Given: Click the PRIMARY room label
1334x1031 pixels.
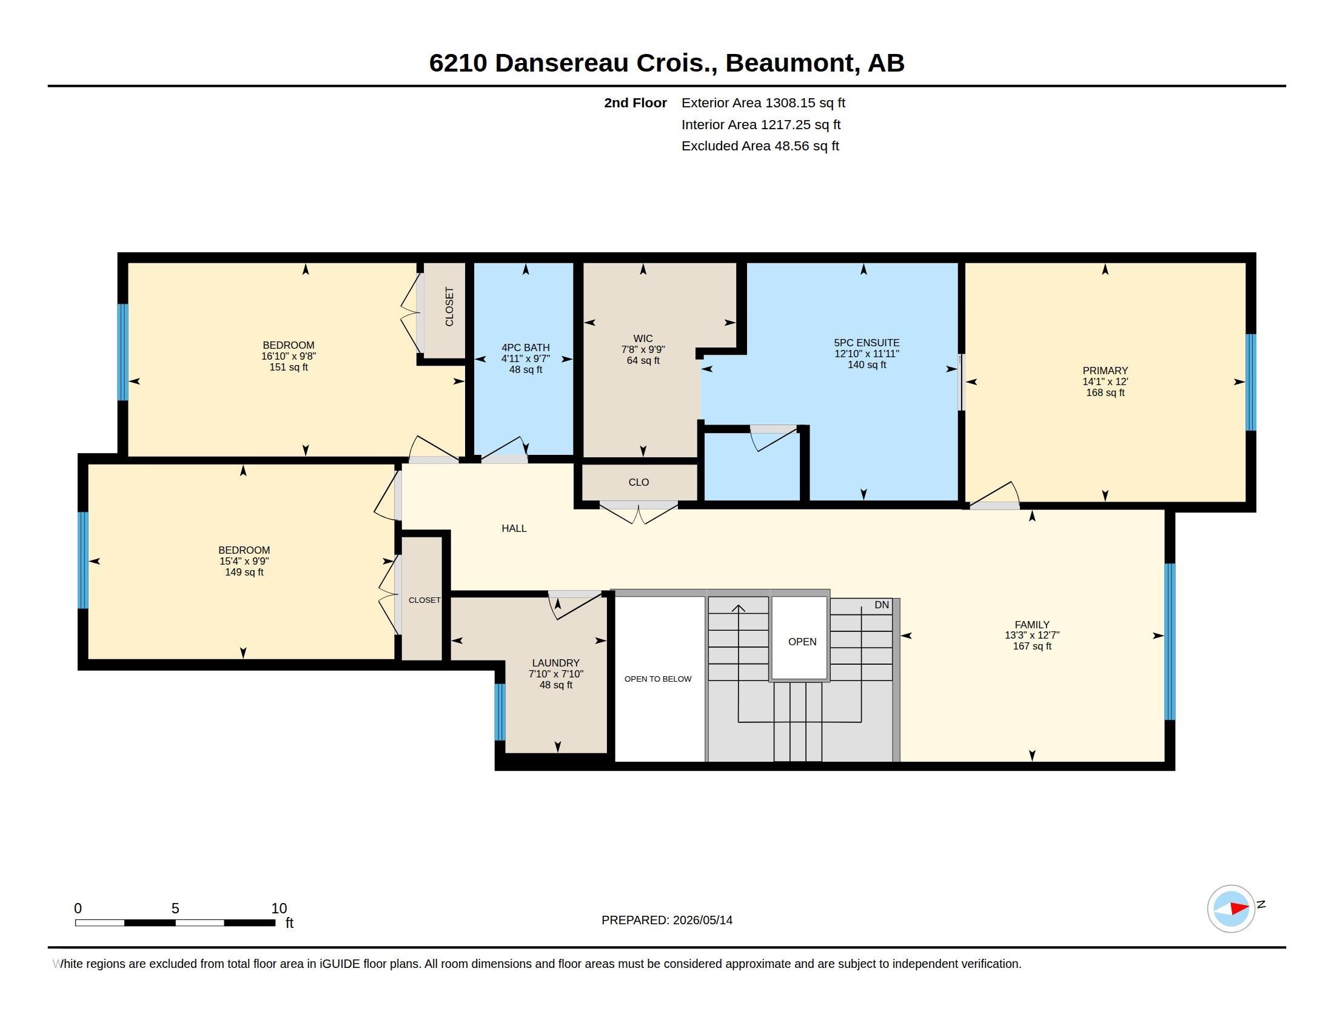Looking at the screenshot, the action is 1105,371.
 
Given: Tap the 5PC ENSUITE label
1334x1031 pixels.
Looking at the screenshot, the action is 866,343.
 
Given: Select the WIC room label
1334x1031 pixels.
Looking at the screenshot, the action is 643,338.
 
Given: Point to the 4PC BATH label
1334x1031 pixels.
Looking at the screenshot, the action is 525,348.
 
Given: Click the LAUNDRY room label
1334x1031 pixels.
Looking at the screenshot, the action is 556,663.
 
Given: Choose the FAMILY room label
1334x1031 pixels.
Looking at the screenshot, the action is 1032,624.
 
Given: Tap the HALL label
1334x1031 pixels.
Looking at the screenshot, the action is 514,528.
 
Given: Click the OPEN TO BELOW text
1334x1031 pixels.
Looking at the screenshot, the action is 658,679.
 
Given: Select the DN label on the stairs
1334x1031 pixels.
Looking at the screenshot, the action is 882,605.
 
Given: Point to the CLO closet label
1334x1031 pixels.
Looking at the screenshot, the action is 639,482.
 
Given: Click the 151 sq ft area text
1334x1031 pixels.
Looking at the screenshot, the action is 288,367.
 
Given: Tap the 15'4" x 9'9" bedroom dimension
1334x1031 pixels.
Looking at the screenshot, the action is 244,562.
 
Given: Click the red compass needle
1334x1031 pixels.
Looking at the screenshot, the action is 1239,908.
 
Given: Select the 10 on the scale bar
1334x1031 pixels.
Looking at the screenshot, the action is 279,908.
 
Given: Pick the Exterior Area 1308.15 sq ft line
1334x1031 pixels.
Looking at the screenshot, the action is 763,102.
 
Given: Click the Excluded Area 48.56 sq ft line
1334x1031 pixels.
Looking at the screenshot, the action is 760,146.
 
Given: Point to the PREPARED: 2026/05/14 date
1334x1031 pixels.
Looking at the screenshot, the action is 667,920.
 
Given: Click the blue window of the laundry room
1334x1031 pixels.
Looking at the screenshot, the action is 500,711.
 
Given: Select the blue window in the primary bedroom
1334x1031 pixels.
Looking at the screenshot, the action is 1251,382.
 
